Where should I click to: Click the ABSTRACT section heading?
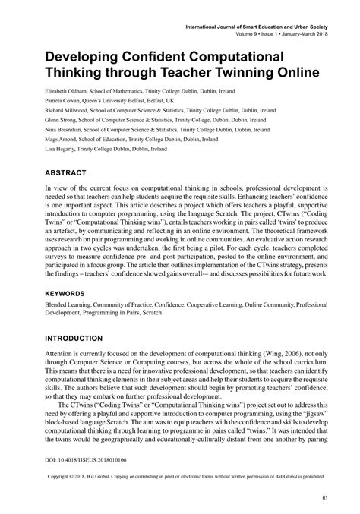point(49,172)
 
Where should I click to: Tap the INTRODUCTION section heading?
point(63,338)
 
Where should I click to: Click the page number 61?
point(324,497)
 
